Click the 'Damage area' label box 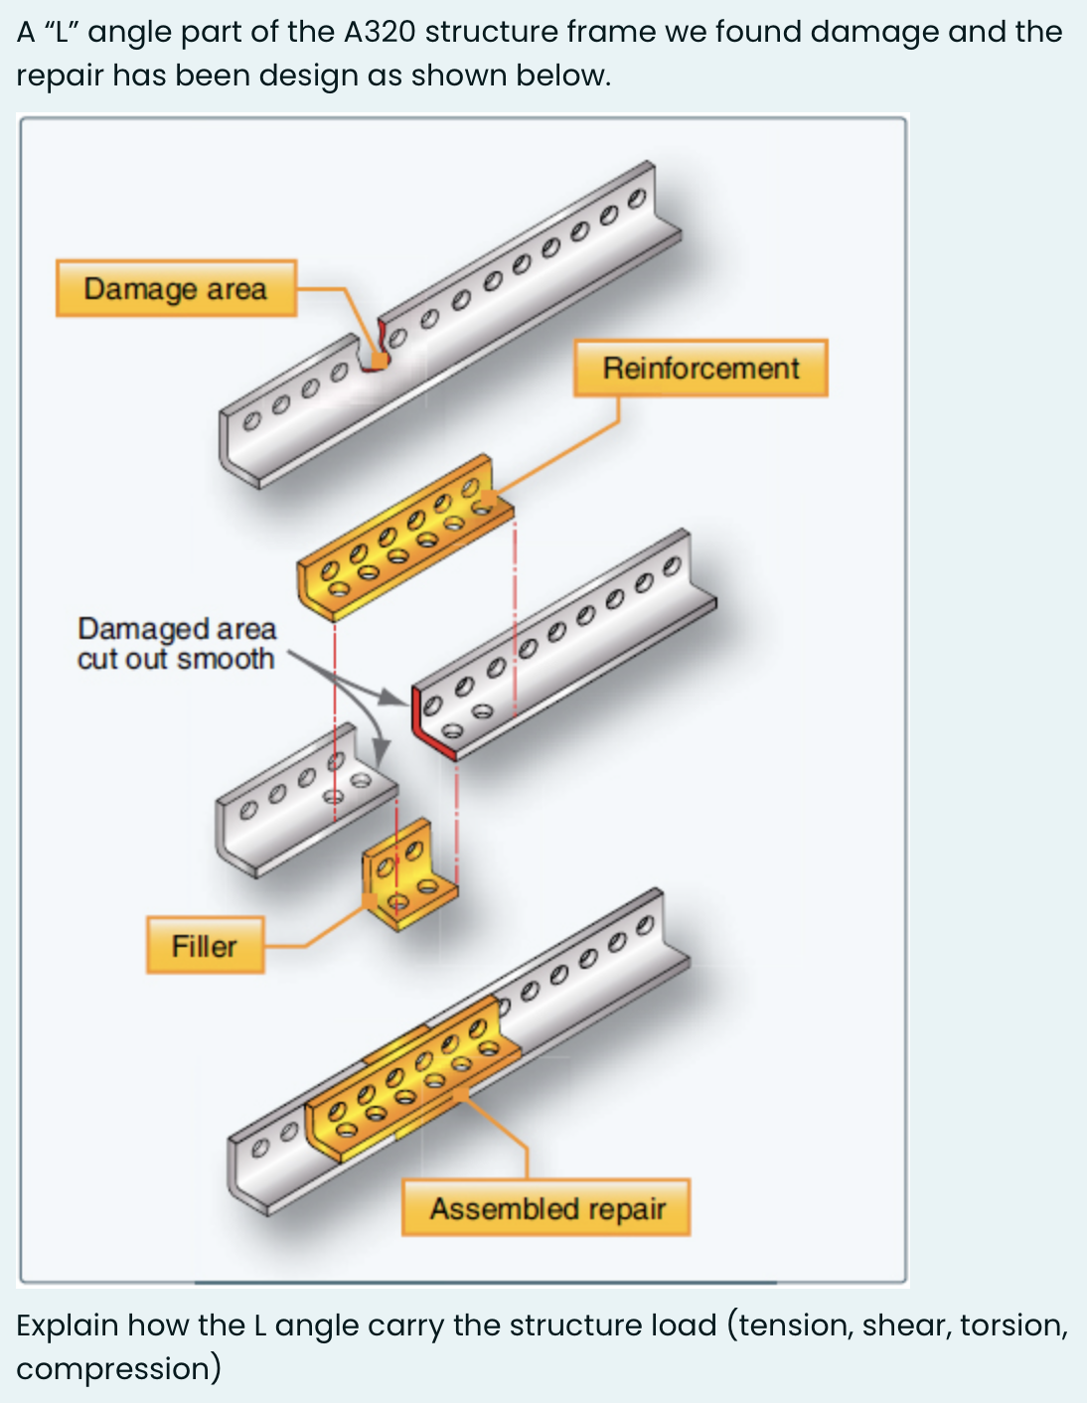pyautogui.click(x=176, y=289)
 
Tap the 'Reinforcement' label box pyautogui.click(x=700, y=369)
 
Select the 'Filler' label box pyautogui.click(x=205, y=946)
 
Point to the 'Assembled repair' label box pyautogui.click(x=546, y=1208)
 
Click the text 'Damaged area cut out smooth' pyautogui.click(x=176, y=644)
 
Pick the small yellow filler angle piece pyautogui.click(x=407, y=875)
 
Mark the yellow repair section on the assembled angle pyautogui.click(x=412, y=1088)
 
